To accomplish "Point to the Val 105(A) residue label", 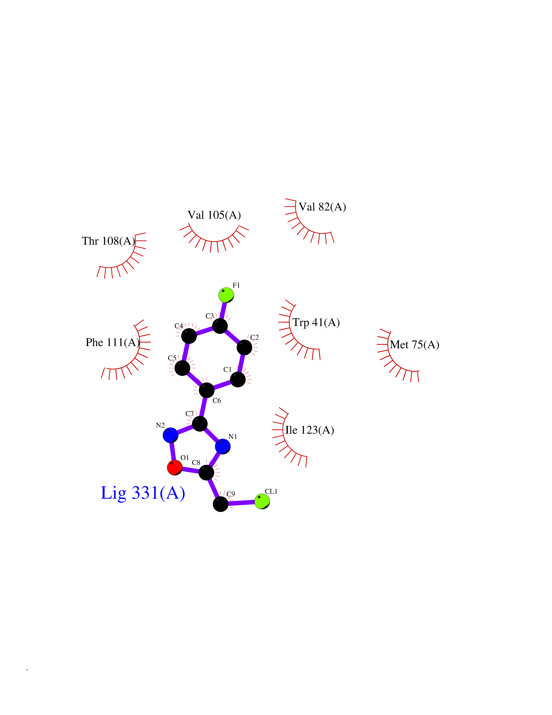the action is [214, 215].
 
